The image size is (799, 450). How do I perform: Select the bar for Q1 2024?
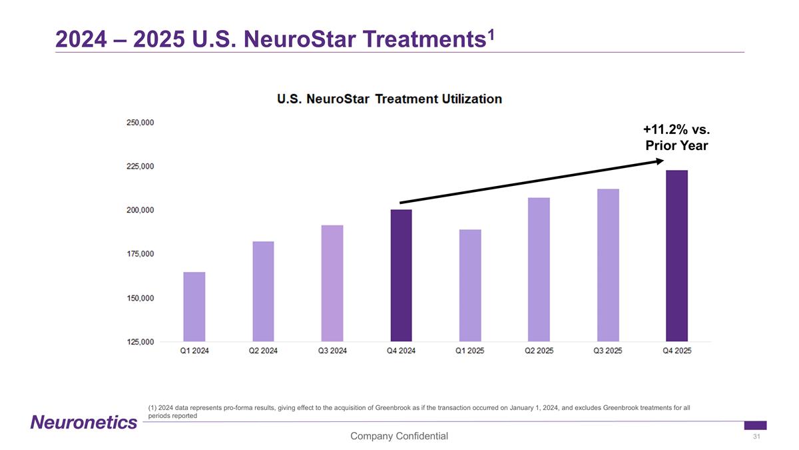(x=194, y=307)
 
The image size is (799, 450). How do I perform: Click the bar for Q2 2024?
(x=263, y=291)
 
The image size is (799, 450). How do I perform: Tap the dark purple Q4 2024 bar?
(x=401, y=275)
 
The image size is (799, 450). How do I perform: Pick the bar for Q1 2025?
(x=470, y=285)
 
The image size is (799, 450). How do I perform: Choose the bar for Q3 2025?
(x=608, y=265)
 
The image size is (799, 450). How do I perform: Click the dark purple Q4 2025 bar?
(x=676, y=256)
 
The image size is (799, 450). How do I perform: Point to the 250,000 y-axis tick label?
(x=140, y=123)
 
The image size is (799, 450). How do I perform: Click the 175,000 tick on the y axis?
(x=140, y=254)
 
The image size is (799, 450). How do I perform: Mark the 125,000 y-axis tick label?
(x=140, y=342)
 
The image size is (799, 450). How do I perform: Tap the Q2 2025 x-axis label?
(x=539, y=352)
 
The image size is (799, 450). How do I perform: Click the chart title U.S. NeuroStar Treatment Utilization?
(x=390, y=99)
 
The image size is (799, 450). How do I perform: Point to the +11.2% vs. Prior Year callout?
(x=676, y=137)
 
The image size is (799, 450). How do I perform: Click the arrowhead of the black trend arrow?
(x=659, y=161)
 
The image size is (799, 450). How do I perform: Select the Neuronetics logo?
(x=84, y=422)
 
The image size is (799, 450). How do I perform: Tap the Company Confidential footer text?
(x=400, y=436)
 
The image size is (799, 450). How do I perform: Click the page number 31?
(x=756, y=437)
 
